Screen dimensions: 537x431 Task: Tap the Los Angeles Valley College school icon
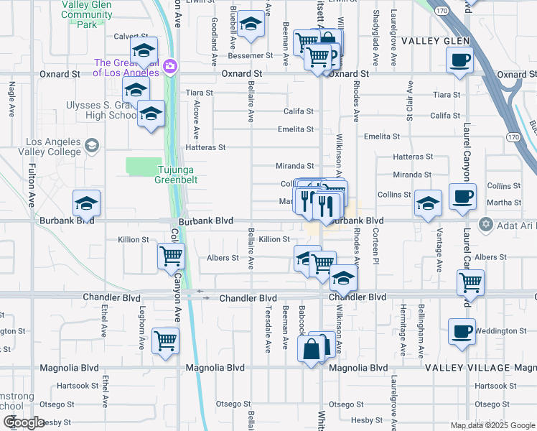click(91, 147)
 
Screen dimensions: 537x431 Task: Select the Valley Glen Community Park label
click(87, 14)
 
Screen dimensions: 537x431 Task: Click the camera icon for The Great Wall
click(170, 68)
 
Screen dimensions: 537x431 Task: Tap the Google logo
click(24, 422)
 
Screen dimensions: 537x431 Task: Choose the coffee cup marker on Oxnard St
click(459, 60)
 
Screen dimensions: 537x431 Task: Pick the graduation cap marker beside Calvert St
click(144, 50)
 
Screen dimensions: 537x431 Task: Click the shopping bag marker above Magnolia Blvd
click(312, 350)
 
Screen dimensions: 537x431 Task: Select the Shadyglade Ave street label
click(375, 29)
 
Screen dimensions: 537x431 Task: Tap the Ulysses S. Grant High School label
click(101, 110)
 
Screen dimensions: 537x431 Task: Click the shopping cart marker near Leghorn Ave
click(165, 340)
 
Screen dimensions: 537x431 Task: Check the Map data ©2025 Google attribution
click(492, 425)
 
